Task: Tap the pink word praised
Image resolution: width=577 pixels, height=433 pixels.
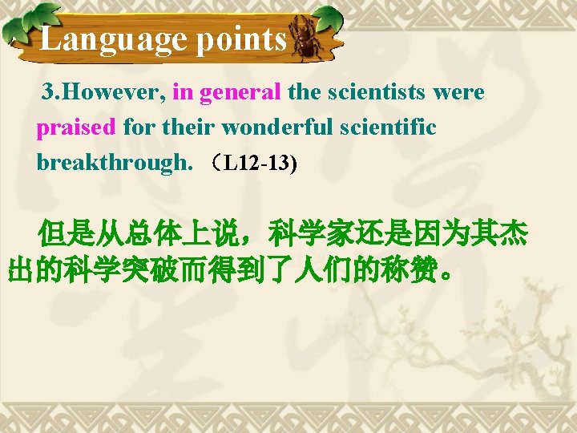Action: point(77,127)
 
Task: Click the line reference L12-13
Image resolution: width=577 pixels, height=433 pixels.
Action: point(259,164)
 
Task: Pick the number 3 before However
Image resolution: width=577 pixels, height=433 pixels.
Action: point(50,93)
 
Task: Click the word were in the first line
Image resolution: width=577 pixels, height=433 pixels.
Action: point(458,93)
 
